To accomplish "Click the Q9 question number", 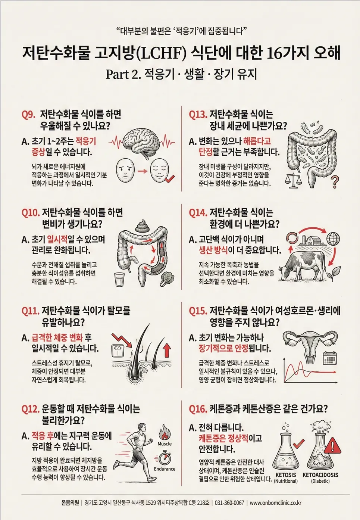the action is [28, 115].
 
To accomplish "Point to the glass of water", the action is [120, 280].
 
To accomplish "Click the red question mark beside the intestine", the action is [335, 182].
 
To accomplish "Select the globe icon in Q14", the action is [333, 239].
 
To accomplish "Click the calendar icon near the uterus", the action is [330, 358].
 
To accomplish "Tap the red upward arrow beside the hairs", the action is [167, 350].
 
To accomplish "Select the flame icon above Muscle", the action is [165, 432].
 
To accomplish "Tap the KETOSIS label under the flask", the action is [286, 475].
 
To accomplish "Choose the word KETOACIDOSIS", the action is [320, 475].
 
